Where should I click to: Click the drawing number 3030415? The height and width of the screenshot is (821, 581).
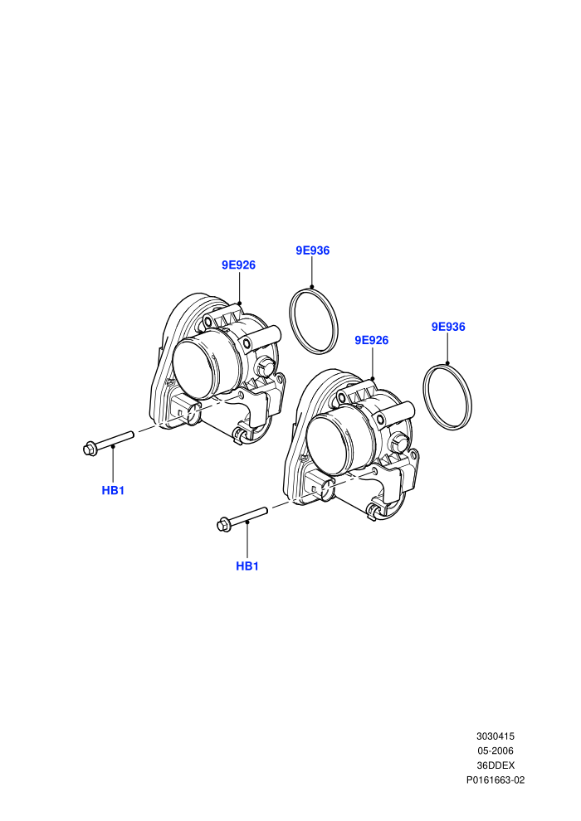point(495,736)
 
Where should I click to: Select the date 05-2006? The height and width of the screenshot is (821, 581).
point(495,751)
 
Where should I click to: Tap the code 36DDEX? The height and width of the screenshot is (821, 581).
point(495,765)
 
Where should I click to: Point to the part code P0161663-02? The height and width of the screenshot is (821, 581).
point(495,780)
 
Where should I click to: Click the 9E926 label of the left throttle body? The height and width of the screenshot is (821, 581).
point(238,265)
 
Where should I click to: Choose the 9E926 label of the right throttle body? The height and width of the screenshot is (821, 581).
point(372,340)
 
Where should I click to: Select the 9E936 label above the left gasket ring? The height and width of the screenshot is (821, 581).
point(313,250)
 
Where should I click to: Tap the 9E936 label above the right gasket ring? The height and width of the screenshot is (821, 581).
point(448,327)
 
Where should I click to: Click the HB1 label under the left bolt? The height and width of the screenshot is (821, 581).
point(113,491)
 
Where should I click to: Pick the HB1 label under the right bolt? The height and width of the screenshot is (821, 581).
point(247,566)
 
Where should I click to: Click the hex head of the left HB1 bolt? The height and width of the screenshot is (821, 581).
point(90,449)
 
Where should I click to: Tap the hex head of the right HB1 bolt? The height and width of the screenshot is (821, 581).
point(223,524)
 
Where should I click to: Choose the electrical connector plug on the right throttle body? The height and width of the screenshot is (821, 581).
point(320,485)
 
